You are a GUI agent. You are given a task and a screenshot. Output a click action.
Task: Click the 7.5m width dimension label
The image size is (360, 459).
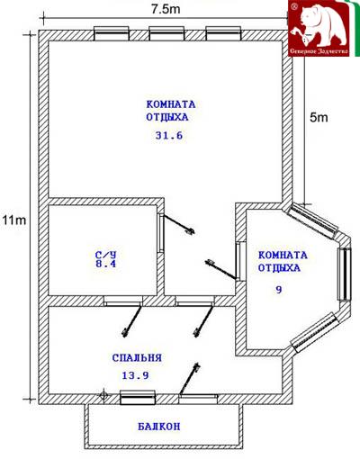166,9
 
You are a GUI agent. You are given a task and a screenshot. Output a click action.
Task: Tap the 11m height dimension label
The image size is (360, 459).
14,220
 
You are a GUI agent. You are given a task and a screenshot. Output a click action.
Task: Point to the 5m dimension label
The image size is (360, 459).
319,118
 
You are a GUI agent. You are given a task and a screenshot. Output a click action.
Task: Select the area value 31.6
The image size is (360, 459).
169,136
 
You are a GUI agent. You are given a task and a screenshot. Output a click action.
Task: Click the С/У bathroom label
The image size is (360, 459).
105,255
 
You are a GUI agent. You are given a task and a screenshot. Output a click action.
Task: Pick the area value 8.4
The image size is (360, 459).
105,264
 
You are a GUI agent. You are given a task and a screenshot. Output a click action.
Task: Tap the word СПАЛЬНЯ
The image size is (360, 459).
137,358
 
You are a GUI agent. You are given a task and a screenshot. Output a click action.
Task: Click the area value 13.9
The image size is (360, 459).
135,375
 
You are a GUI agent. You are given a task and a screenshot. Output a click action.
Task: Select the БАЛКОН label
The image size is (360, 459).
159,427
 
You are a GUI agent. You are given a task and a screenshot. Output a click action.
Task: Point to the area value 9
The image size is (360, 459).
279,290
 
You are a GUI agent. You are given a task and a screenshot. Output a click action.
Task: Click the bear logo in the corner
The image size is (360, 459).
319,28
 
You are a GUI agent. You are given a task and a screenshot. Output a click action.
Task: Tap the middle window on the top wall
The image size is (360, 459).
166,33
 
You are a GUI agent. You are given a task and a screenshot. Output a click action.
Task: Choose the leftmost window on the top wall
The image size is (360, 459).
112,33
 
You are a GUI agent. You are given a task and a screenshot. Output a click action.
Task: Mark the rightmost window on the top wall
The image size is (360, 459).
223,33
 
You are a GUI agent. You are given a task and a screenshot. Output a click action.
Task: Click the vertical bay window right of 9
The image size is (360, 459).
345,274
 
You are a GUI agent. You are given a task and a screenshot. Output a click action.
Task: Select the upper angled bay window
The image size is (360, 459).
312,220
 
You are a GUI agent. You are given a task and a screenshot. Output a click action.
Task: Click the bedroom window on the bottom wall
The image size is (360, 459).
138,398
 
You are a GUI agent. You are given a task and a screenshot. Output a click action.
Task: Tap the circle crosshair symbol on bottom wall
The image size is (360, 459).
103,395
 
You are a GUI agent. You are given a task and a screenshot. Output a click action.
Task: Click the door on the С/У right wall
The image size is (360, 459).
161,233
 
